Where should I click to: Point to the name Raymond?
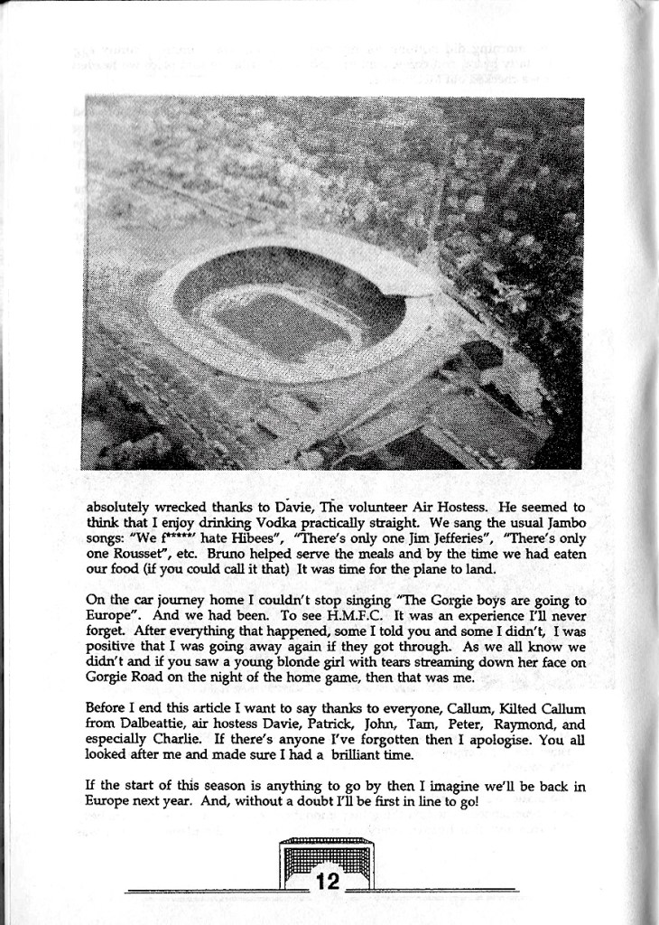click(526, 724)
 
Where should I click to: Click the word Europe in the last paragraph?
click(107, 801)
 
